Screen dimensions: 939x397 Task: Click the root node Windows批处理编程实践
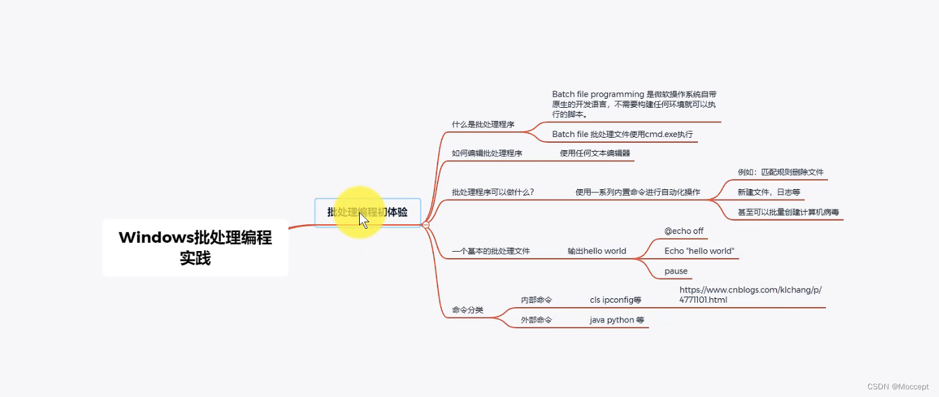click(195, 248)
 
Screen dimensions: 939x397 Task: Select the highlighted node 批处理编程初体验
click(367, 212)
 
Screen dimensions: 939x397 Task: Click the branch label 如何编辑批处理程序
click(487, 153)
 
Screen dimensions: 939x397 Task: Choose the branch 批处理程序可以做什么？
click(492, 192)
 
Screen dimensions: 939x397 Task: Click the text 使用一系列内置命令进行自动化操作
click(637, 192)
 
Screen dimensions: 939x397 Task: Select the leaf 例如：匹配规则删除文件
click(781, 172)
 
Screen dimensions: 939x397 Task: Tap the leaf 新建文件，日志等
click(769, 192)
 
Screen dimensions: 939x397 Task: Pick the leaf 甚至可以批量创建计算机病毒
click(788, 212)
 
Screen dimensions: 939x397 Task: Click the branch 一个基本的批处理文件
click(491, 251)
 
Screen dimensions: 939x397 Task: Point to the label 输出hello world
click(596, 251)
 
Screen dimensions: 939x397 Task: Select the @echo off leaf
click(684, 231)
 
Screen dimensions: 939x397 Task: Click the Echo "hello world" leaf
click(699, 251)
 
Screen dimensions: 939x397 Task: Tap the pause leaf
click(676, 271)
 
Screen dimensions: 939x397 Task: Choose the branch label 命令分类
click(468, 310)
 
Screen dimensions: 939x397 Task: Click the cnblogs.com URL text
click(750, 294)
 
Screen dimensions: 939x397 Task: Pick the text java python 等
click(617, 320)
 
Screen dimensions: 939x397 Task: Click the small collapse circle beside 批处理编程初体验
click(425, 225)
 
